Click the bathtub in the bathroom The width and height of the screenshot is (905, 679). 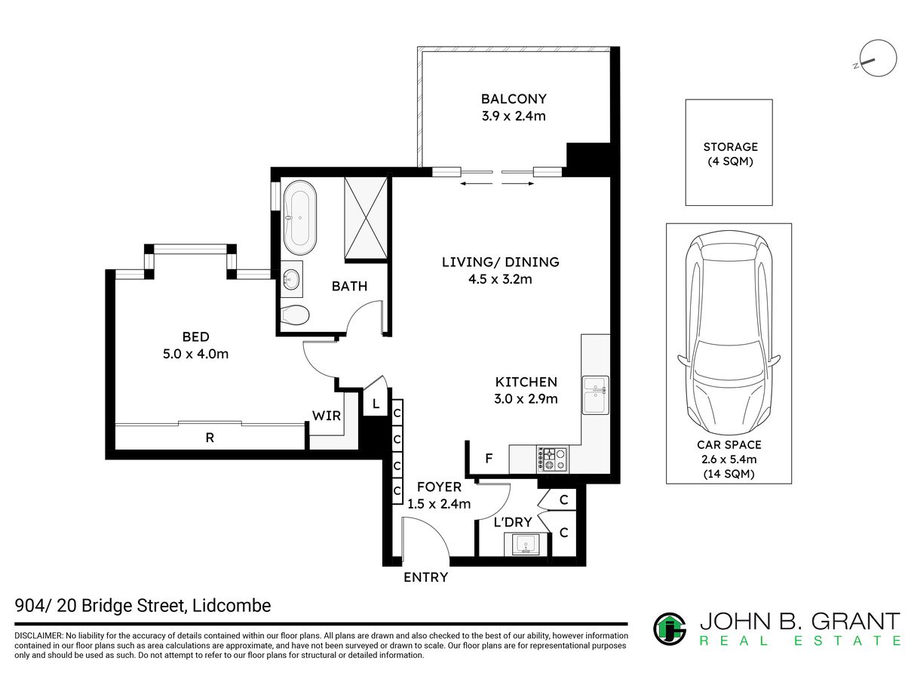click(x=299, y=217)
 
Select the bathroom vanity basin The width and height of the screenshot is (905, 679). click(x=292, y=279)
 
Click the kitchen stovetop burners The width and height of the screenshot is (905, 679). click(x=552, y=459)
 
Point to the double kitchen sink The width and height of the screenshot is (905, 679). click(x=595, y=395)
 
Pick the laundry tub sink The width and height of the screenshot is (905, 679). click(x=526, y=545)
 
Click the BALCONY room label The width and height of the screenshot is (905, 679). click(x=514, y=99)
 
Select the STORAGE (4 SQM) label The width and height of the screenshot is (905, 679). click(x=730, y=154)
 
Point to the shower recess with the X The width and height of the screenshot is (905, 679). click(x=366, y=219)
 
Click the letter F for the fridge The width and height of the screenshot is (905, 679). click(x=489, y=459)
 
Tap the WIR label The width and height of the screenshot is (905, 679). click(x=326, y=416)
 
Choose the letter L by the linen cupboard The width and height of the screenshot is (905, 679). click(x=376, y=404)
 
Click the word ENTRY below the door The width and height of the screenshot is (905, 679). click(x=425, y=577)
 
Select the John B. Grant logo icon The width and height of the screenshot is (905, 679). click(x=670, y=629)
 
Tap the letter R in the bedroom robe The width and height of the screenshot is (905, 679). click(x=210, y=438)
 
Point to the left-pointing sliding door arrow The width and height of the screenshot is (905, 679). click(x=476, y=183)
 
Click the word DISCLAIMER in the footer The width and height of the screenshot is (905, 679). click(x=38, y=635)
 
